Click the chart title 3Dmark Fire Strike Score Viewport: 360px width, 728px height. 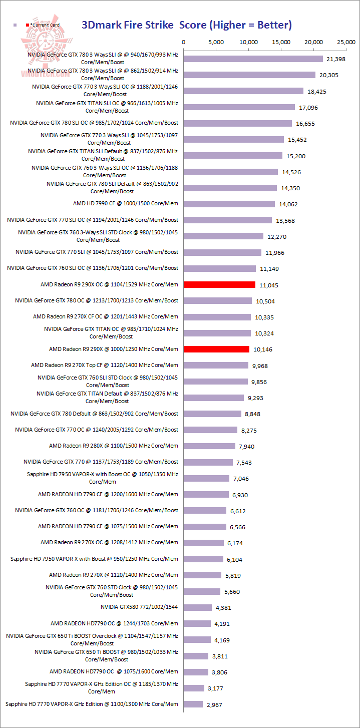tap(187, 25)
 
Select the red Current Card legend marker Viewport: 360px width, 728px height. tap(28, 25)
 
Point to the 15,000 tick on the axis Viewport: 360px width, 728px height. tap(281, 42)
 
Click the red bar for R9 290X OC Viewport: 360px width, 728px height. tap(219, 284)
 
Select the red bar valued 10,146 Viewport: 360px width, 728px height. tap(216, 349)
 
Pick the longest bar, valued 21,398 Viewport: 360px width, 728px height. tap(253, 59)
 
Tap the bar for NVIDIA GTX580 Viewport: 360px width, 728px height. tap(198, 607)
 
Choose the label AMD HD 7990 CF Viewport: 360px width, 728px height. tap(125, 203)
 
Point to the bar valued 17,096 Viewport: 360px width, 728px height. tap(239, 107)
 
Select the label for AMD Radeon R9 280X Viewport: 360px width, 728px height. tap(113, 446)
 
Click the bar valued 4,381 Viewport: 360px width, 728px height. tap(198, 607)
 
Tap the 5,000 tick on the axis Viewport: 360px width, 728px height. tap(216, 42)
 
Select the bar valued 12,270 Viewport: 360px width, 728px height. tap(223, 236)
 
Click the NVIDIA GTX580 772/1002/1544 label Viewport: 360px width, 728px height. tap(139, 607)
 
